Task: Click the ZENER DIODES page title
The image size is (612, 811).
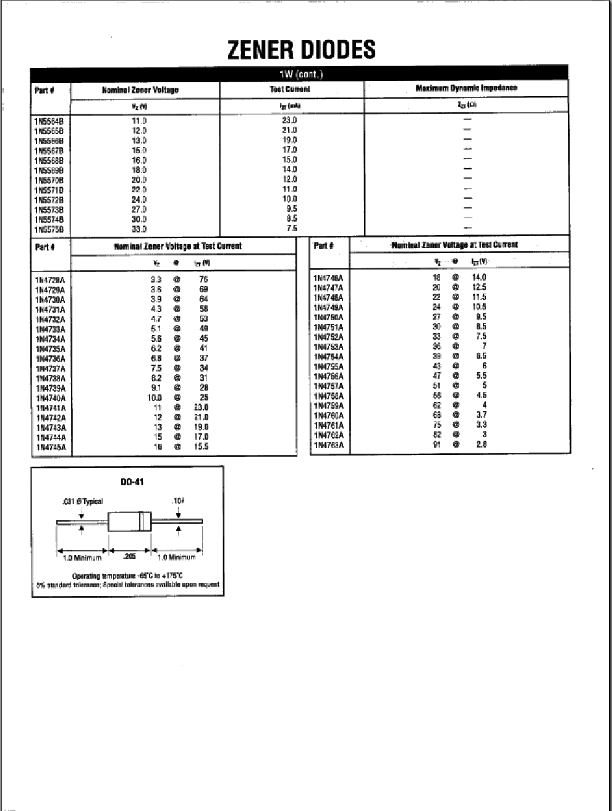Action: click(x=301, y=50)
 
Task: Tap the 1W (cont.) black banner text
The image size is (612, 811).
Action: click(x=301, y=75)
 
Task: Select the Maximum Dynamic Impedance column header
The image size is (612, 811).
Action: click(x=466, y=88)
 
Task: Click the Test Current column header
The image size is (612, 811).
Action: click(x=290, y=90)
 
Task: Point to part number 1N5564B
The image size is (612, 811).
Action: click(x=49, y=121)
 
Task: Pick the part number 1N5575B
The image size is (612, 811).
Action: click(x=49, y=230)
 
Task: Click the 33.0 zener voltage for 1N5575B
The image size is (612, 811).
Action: click(x=139, y=229)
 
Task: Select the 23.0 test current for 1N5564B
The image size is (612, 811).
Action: click(x=289, y=121)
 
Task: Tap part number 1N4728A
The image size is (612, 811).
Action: click(x=51, y=280)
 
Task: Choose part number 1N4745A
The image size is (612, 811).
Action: click(x=51, y=448)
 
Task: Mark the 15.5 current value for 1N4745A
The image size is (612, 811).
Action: click(x=202, y=446)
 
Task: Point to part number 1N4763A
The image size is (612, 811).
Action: click(x=328, y=445)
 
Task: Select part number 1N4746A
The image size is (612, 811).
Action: click(x=328, y=278)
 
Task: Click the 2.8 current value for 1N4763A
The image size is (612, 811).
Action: click(x=481, y=444)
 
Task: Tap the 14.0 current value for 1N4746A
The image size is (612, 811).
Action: click(x=479, y=278)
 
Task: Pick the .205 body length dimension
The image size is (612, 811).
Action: click(x=129, y=556)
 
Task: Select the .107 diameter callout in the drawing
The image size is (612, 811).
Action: click(x=178, y=501)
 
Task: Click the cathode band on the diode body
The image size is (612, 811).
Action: click(x=142, y=522)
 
